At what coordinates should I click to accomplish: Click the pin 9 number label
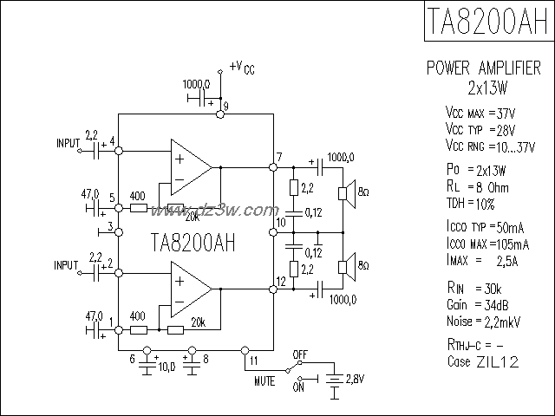[225, 106]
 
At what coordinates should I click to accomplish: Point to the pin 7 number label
[278, 156]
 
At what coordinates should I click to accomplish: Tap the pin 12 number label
[280, 281]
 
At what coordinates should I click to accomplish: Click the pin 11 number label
[252, 359]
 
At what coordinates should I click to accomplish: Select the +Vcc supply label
[244, 67]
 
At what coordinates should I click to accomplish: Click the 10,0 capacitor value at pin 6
[167, 367]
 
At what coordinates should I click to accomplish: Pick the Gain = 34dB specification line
[474, 305]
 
